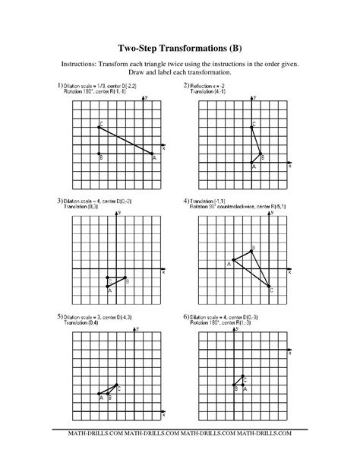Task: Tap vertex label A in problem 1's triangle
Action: pos(153,159)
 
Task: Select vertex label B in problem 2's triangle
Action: pos(263,157)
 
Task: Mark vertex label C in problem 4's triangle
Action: pos(271,291)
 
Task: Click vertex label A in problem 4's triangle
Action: pos(228,264)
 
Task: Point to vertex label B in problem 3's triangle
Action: pos(127,281)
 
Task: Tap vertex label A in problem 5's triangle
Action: pos(100,397)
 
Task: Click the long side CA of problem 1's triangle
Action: pos(127,141)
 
